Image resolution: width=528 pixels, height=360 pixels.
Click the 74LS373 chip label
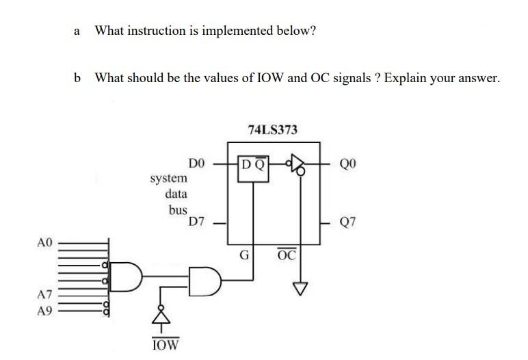[x=272, y=129]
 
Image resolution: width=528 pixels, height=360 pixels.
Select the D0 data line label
[x=196, y=164]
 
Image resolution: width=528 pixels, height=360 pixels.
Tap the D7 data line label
[x=196, y=222]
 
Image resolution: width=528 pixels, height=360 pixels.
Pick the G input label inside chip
[x=243, y=255]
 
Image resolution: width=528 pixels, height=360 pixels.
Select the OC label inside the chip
[x=287, y=255]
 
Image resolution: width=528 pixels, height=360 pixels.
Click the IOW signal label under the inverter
[x=165, y=344]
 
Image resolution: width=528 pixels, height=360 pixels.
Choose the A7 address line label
[x=44, y=295]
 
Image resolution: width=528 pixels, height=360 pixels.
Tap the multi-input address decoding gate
[x=127, y=275]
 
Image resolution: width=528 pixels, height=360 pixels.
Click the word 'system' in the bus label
[x=168, y=178]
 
